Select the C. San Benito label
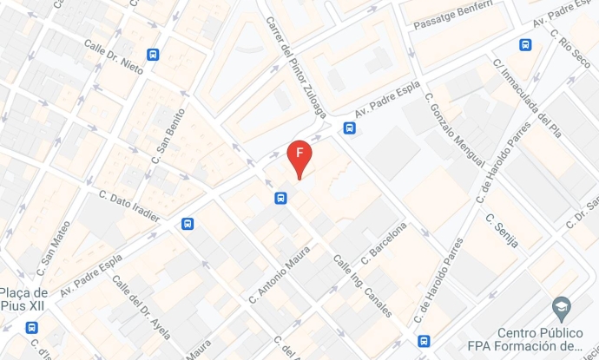tap(169, 135)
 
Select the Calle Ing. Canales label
tap(363, 286)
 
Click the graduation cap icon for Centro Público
tap(561, 306)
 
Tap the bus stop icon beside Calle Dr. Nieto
tap(154, 55)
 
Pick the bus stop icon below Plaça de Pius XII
tap(32, 328)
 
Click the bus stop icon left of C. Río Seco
tap(525, 45)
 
